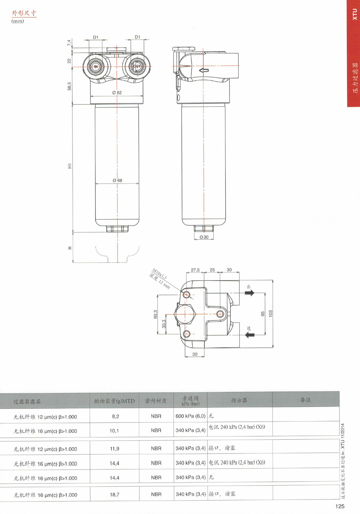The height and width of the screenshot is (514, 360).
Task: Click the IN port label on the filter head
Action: [x=96, y=67]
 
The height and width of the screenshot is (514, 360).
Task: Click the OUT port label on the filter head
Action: [x=137, y=66]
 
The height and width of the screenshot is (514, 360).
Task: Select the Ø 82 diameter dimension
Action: [x=117, y=93]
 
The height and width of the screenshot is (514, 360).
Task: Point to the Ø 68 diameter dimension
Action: [x=117, y=180]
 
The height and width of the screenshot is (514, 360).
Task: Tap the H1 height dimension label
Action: [x=70, y=166]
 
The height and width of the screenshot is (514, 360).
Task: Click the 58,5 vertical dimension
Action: [x=69, y=86]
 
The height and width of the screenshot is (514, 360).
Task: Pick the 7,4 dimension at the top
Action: [x=69, y=42]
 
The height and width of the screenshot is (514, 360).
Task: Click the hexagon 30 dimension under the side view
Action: [x=204, y=237]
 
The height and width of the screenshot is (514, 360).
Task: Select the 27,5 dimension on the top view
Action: [x=195, y=270]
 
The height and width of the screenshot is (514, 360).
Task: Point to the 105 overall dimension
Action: [x=271, y=313]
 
